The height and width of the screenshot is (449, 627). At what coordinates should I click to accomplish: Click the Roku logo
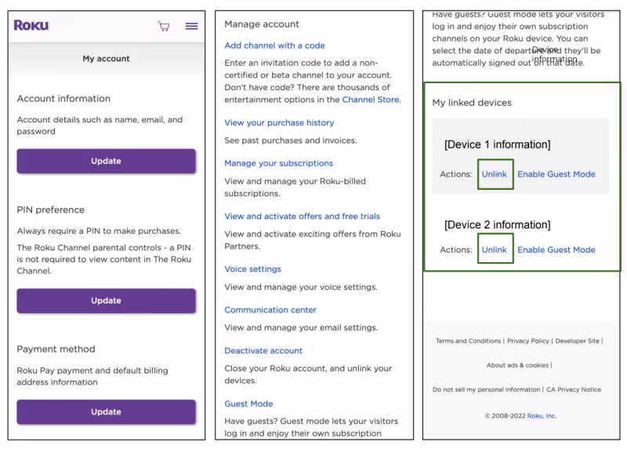[31, 25]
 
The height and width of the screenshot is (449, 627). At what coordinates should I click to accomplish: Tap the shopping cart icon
[164, 26]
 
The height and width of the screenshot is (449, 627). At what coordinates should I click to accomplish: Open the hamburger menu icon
[191, 26]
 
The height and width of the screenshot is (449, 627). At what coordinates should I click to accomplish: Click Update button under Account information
[106, 161]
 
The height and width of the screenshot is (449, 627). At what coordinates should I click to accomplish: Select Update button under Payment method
[106, 411]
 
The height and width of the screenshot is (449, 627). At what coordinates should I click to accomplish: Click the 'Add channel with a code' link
[274, 46]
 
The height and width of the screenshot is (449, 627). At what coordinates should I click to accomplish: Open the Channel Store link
[371, 100]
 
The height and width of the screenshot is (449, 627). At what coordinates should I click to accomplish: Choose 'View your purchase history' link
[279, 122]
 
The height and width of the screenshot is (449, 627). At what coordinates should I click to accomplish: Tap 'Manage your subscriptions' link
[278, 163]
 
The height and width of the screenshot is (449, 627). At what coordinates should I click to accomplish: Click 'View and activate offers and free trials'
[302, 216]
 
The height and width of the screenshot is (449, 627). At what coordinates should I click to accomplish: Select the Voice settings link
[252, 268]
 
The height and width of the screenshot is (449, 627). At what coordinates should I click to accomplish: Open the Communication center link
[270, 309]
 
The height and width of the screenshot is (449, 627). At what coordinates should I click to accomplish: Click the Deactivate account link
[263, 350]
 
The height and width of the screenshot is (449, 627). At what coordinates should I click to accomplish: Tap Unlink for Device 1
[495, 174]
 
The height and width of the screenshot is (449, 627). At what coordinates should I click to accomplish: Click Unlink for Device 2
[495, 250]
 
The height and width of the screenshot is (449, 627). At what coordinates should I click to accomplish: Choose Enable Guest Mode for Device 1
[556, 174]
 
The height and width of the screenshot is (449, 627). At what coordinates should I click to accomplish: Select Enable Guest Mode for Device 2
[556, 250]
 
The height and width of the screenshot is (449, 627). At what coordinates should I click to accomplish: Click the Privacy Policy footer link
[528, 341]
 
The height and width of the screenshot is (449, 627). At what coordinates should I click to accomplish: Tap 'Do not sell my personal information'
[486, 389]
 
